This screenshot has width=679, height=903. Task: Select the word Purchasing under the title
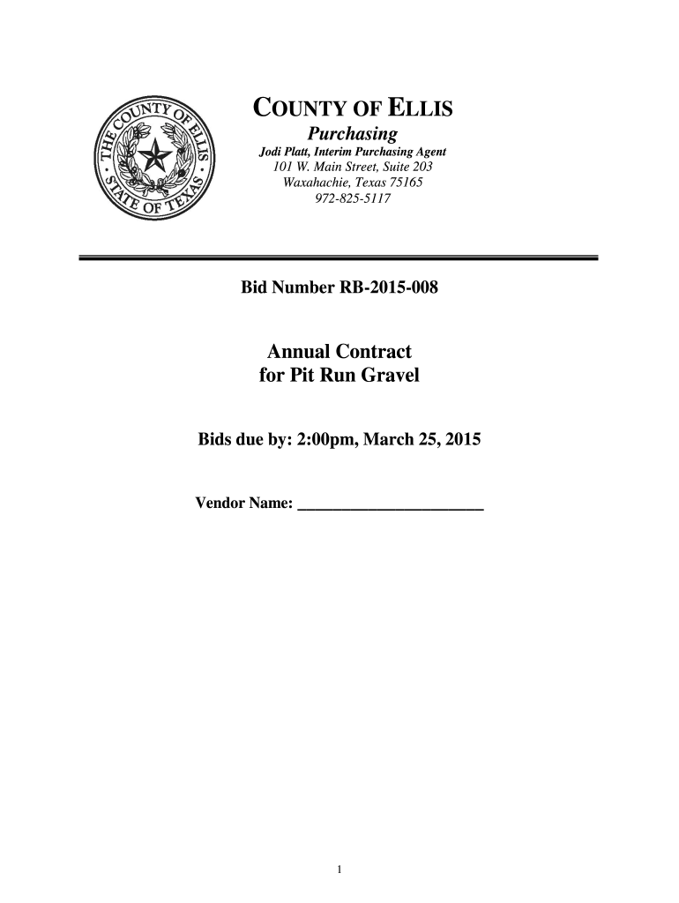(x=352, y=134)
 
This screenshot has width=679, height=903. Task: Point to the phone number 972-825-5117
(x=352, y=199)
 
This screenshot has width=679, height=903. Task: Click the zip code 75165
(x=404, y=183)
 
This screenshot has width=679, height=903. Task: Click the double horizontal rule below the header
(x=339, y=257)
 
